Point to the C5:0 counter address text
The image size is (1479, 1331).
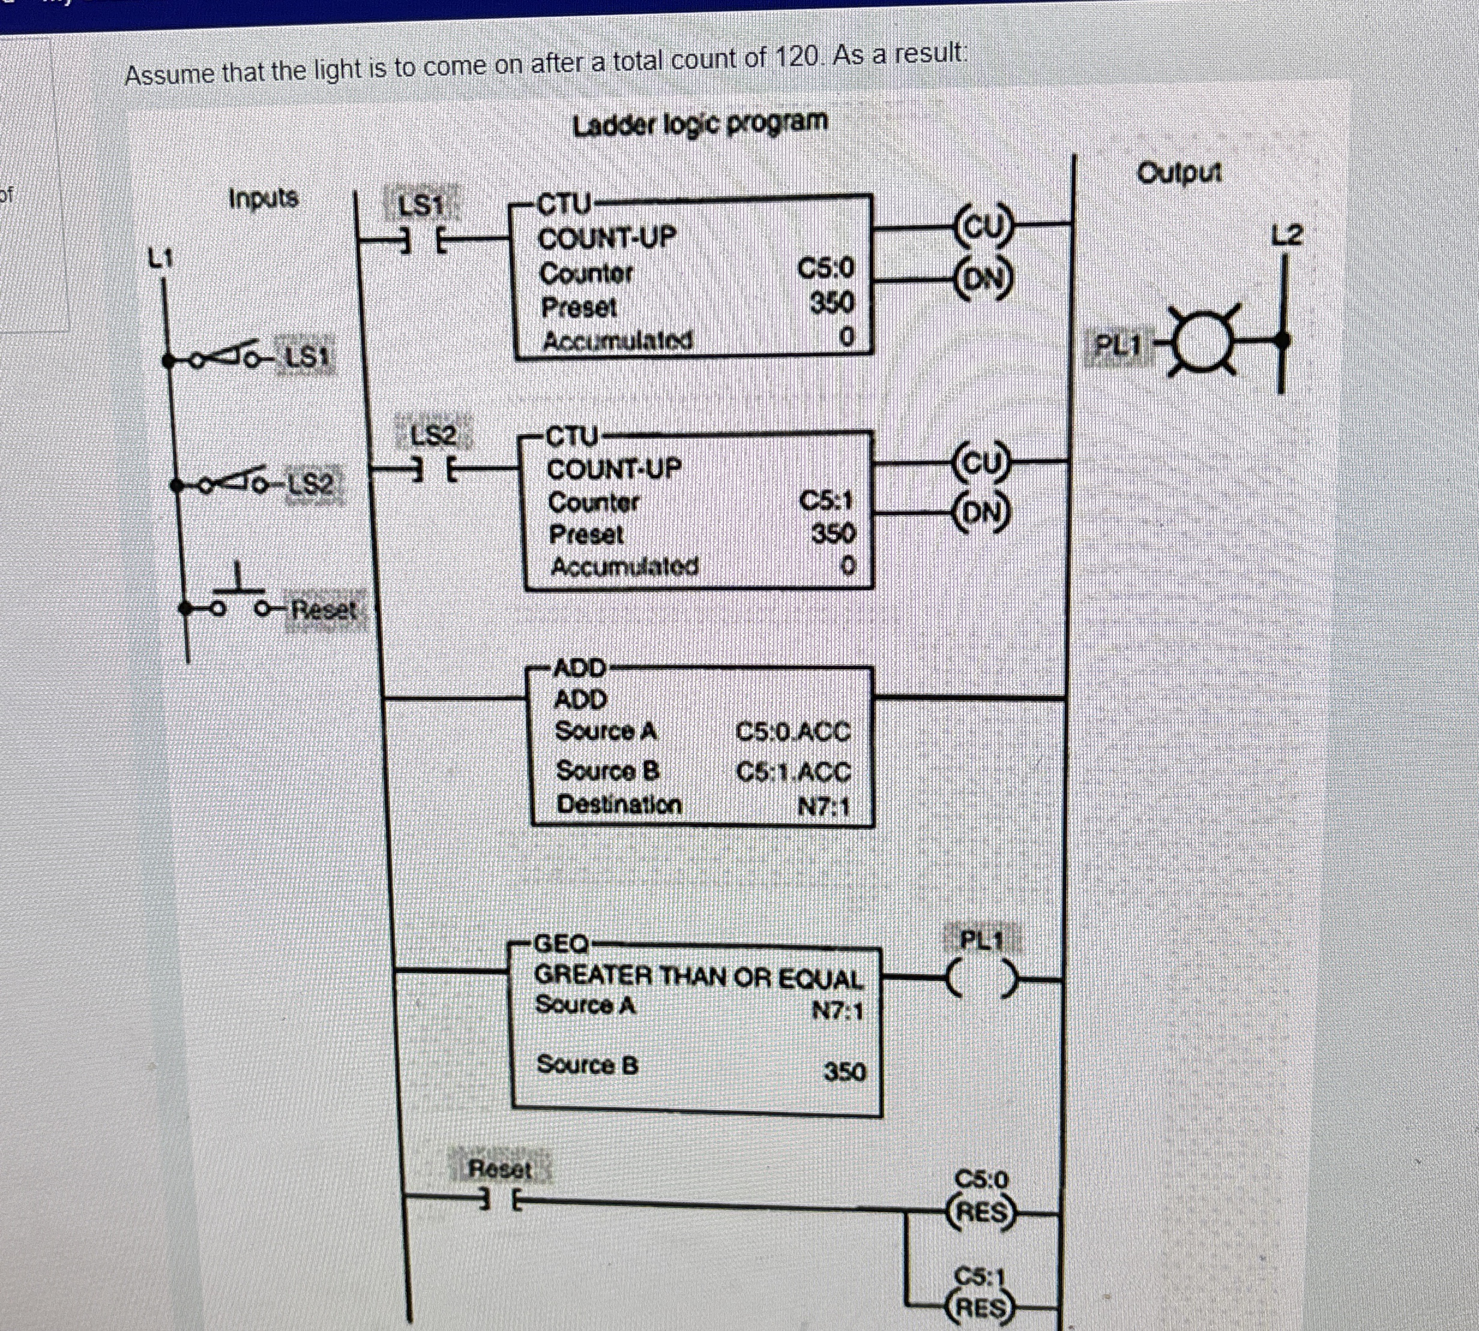[825, 269]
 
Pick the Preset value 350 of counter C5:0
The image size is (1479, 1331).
[832, 303]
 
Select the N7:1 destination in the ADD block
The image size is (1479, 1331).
[824, 807]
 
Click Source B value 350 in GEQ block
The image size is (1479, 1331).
[845, 1072]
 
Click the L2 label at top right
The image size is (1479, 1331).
[1287, 235]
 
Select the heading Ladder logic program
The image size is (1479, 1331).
[700, 124]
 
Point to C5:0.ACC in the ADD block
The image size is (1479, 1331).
[794, 732]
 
